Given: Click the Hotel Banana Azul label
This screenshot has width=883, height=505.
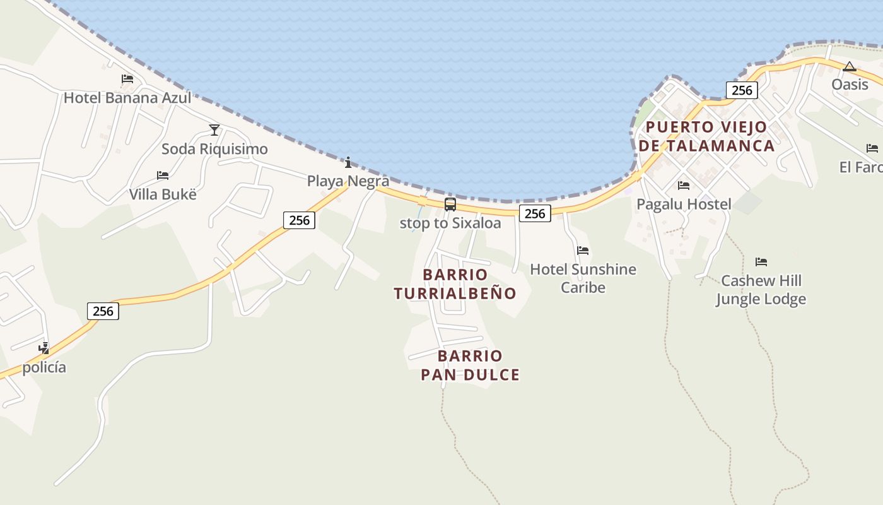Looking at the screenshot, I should pos(127,98).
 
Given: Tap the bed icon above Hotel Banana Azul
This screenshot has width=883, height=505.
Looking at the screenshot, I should pos(127,79).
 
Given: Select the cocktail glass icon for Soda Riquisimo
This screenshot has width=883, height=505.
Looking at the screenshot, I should pos(214,130).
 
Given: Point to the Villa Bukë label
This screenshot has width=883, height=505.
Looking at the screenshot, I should pos(163,194).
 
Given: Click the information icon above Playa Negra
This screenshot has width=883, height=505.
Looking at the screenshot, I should pos(348,163).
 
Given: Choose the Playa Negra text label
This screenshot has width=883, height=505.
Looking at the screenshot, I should pos(348,181).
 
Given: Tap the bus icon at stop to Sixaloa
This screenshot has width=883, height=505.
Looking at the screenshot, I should pos(450,204).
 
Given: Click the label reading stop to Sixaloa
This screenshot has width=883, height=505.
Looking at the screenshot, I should pos(450,223).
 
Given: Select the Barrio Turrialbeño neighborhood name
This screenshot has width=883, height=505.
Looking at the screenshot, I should pos(455,284).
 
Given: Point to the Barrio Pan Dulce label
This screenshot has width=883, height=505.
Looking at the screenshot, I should pos(470,365).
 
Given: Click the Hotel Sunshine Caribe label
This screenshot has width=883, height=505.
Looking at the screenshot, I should pos(583,278).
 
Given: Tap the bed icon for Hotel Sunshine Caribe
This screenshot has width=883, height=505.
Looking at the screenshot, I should pos(583,251).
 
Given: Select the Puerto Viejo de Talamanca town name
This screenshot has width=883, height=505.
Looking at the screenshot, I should pos(706,136).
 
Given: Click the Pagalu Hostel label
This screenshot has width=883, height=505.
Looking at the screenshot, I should pos(684,204).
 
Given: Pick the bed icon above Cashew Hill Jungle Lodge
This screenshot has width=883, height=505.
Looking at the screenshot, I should pos(761,261).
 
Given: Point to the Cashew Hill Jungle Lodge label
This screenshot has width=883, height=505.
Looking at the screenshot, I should pos(761,290).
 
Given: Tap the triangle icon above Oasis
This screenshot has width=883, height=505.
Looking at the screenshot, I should pos(850,66).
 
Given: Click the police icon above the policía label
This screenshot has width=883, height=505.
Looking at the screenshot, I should pos(44,347).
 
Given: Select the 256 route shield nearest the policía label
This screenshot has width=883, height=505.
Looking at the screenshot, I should pos(103,311).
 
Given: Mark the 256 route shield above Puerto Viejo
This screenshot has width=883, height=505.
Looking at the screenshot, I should pos(742,90).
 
